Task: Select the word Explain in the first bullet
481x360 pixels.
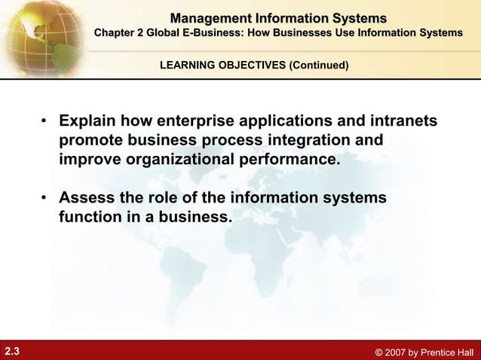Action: [x=89, y=122]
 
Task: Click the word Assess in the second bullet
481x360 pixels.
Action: [x=85, y=198]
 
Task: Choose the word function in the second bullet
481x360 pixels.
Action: [x=89, y=218]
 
